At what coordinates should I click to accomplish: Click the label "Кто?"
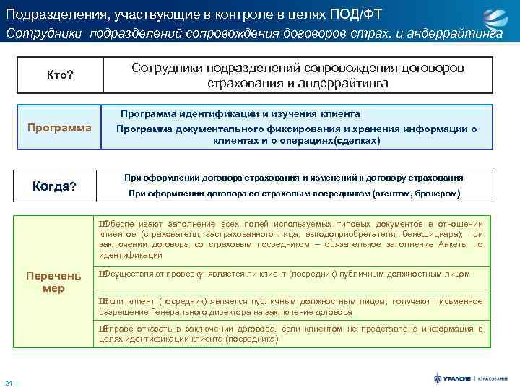click(60, 75)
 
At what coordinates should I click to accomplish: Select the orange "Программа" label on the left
click(59, 128)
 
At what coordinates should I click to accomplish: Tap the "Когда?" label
click(55, 187)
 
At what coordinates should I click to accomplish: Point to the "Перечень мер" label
click(53, 282)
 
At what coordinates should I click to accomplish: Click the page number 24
click(9, 382)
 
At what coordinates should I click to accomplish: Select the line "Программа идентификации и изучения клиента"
click(240, 114)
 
